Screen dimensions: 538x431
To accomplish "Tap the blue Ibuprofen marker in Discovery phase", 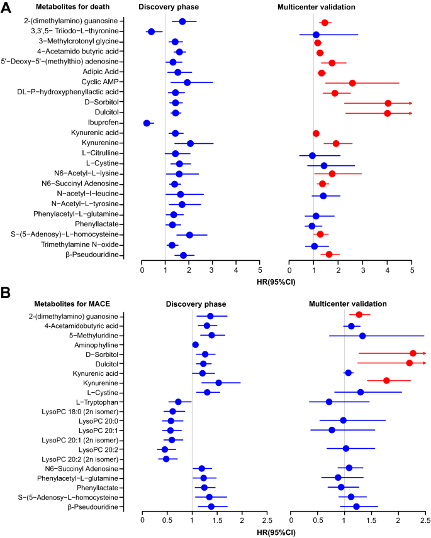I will [x=147, y=123].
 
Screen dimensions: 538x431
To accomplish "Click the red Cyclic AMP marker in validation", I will [x=352, y=83].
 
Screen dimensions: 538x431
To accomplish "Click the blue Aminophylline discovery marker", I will [x=195, y=345].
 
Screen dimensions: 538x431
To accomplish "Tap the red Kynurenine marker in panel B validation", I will [x=386, y=380].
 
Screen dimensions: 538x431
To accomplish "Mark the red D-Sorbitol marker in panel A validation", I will [x=388, y=103].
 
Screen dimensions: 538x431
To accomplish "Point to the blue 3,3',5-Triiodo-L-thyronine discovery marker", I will [x=151, y=31].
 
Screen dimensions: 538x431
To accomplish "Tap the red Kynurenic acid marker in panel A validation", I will [x=316, y=133].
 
